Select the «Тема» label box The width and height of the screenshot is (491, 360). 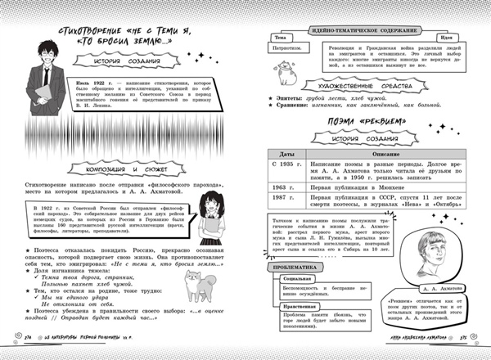coord(281,38)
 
